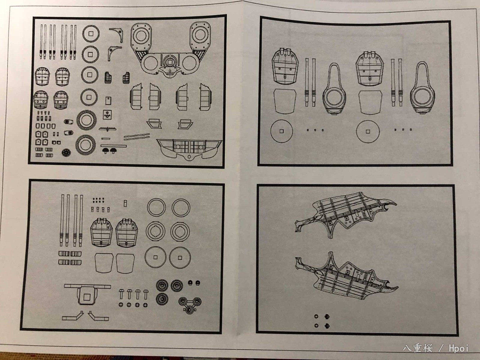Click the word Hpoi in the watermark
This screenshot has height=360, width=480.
tap(459, 348)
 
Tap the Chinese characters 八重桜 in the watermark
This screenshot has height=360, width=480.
tap(418, 348)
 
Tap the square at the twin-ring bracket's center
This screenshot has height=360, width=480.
tap(170, 62)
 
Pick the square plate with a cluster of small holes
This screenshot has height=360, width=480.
tap(107, 115)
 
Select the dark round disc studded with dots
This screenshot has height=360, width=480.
tap(66, 153)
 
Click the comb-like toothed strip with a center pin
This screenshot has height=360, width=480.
tap(107, 129)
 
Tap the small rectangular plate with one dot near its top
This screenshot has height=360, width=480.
tap(108, 101)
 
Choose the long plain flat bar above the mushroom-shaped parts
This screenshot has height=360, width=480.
tap(113, 145)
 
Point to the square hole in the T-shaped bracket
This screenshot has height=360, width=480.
tap(87, 297)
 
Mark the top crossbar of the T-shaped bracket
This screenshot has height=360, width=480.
tap(88, 286)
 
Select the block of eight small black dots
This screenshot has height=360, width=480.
tap(98, 200)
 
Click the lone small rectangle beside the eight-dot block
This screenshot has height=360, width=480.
tap(125, 203)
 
